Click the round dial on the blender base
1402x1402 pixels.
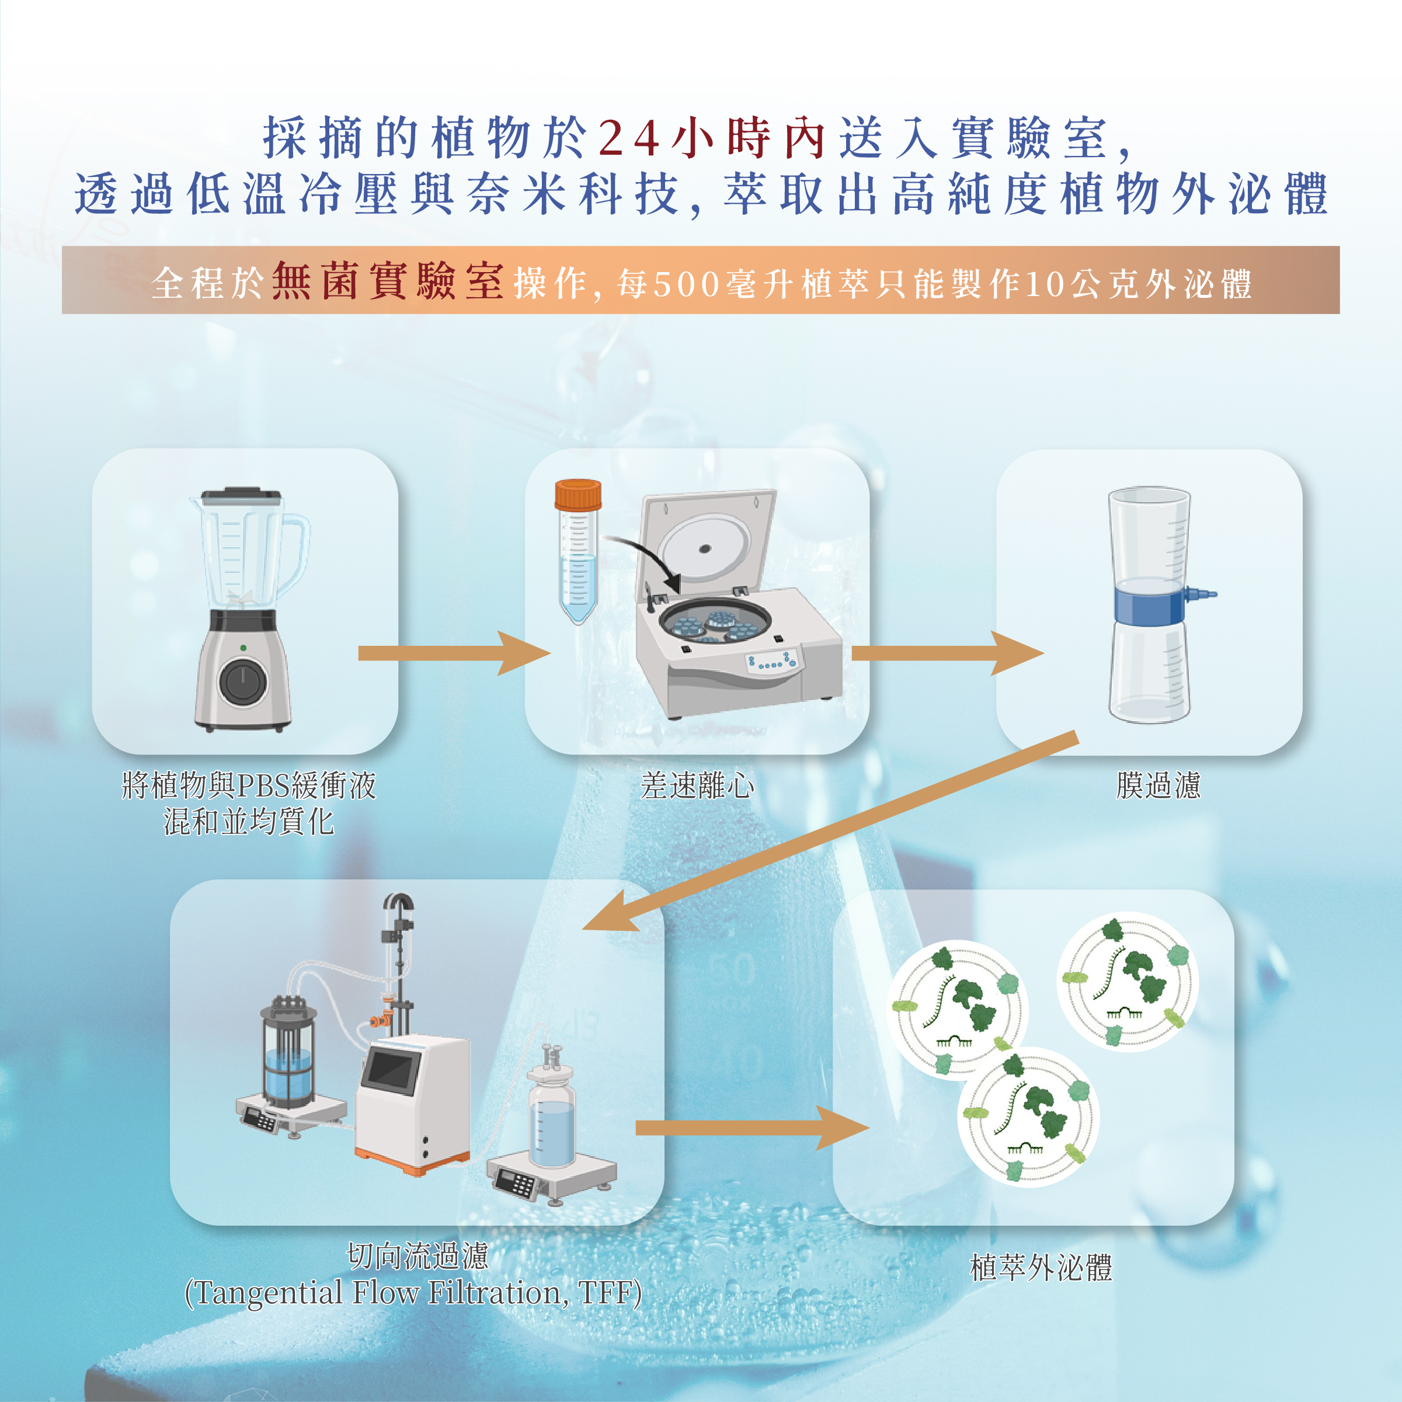pyautogui.click(x=242, y=682)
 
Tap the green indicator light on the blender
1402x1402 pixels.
pyautogui.click(x=243, y=648)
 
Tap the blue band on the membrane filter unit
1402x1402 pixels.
pyautogui.click(x=1150, y=605)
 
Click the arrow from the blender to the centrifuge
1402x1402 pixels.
pyautogui.click(x=454, y=653)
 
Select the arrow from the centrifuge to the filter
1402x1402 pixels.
pyautogui.click(x=947, y=653)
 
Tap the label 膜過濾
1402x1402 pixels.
pyautogui.click(x=1158, y=785)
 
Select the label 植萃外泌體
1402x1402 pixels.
pyautogui.click(x=1041, y=1268)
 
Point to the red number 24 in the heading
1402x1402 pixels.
pyautogui.click(x=628, y=138)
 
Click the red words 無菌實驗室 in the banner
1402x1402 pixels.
pyautogui.click(x=388, y=281)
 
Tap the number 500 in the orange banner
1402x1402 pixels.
pyautogui.click(x=686, y=284)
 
